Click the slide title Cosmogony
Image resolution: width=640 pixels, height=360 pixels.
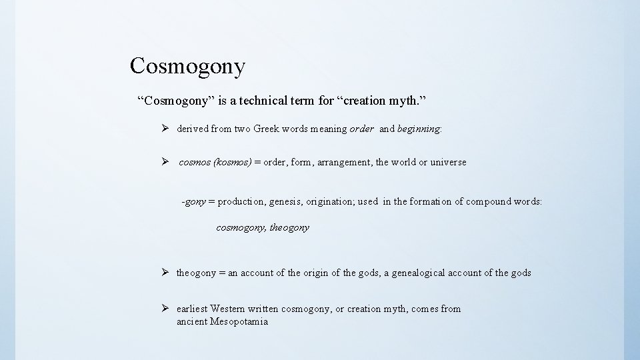[188, 66]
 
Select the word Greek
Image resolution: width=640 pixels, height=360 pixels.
[267, 129]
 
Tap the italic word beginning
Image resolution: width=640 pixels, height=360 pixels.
[419, 129]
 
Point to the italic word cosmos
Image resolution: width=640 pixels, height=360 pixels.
[195, 162]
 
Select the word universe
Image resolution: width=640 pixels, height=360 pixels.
[449, 162]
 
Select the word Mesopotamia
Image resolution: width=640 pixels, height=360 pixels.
[239, 322]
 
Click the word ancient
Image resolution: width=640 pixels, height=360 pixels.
[192, 322]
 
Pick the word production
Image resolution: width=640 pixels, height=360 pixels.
[241, 201]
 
